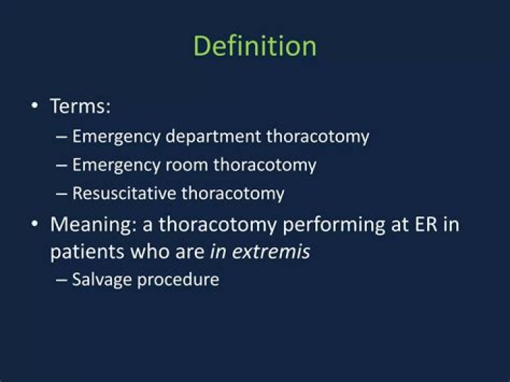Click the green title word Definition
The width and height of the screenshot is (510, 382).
click(x=254, y=46)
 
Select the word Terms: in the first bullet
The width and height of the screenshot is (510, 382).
click(x=81, y=107)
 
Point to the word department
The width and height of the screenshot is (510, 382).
click(x=216, y=137)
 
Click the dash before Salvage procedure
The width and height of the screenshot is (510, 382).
click(x=62, y=280)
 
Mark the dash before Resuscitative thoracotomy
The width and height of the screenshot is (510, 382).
click(x=62, y=193)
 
